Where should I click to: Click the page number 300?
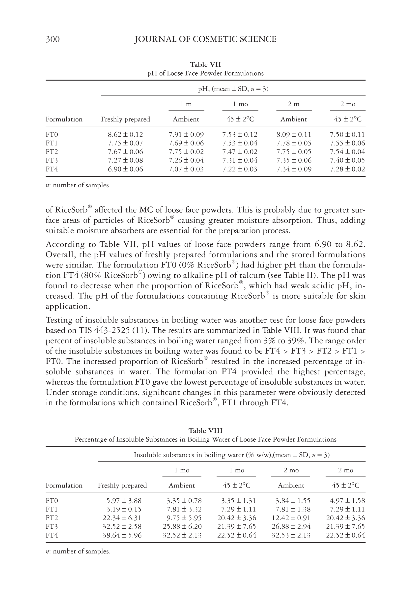[x=53, y=39]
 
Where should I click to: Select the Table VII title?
[x=205, y=64]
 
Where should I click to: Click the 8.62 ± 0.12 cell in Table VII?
[x=125, y=135]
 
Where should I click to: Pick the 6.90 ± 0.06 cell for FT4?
[x=125, y=169]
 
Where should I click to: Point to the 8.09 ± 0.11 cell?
[x=294, y=135]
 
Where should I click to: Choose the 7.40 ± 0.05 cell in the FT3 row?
[x=347, y=160]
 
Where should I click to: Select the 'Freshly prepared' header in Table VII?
[x=125, y=119]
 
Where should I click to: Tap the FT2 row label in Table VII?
[x=52, y=152]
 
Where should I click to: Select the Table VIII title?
[x=205, y=431]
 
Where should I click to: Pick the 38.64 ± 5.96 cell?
[x=122, y=535]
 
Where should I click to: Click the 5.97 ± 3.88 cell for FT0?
[x=124, y=501]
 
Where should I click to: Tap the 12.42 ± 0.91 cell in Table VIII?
[x=291, y=518]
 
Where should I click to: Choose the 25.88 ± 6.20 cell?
[x=182, y=527]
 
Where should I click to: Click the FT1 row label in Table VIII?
[x=52, y=509]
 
